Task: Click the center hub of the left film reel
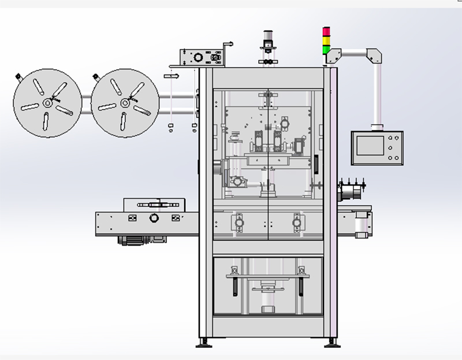[x=46, y=103]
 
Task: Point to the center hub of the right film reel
[x=124, y=103]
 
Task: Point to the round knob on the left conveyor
[x=154, y=218]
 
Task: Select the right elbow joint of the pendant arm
[x=374, y=56]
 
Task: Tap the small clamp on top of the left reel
[x=18, y=76]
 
